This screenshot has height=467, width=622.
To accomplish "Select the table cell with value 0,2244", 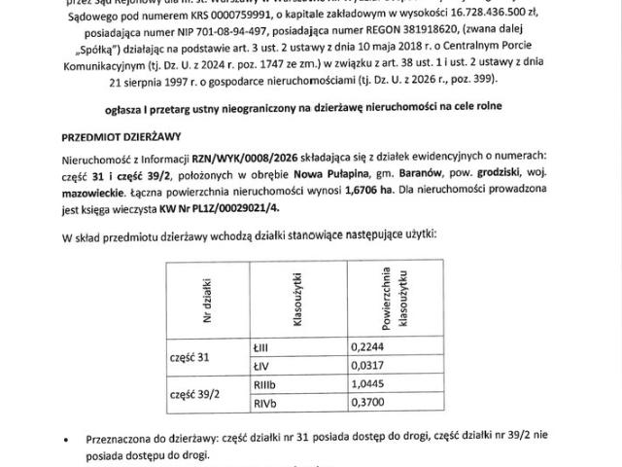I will pyautogui.click(x=365, y=346).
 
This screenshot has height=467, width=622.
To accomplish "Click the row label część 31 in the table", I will pyautogui.click(x=190, y=356).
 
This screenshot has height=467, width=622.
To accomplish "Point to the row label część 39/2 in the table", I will pyautogui.click(x=195, y=392).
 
